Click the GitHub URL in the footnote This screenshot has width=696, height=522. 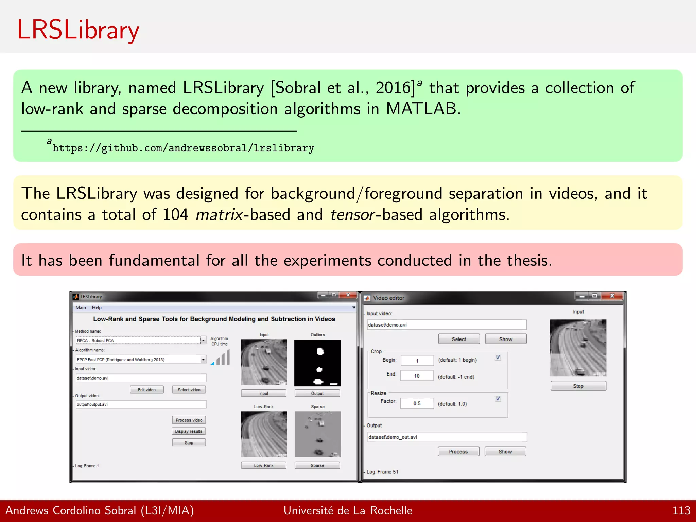pyautogui.click(x=183, y=148)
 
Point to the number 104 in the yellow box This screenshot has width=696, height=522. pyautogui.click(x=175, y=215)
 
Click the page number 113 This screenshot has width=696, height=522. pyautogui.click(x=681, y=510)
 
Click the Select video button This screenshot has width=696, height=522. pyautogui.click(x=189, y=390)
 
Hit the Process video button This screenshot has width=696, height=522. pyautogui.click(x=189, y=420)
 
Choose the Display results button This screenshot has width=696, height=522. pyautogui.click(x=189, y=431)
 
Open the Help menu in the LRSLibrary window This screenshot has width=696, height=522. pyautogui.click(x=97, y=308)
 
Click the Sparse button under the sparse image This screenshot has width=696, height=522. pyautogui.click(x=317, y=465)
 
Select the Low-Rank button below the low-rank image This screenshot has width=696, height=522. pyautogui.click(x=263, y=465)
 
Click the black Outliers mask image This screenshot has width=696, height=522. pyautogui.click(x=317, y=363)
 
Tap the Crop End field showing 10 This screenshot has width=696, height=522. pyautogui.click(x=417, y=376)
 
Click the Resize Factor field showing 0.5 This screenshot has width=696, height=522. pyautogui.click(x=417, y=403)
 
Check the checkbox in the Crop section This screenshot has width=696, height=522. pyautogui.click(x=498, y=358)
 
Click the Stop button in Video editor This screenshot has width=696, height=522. pyautogui.click(x=578, y=386)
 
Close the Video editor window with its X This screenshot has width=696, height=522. pyautogui.click(x=612, y=296)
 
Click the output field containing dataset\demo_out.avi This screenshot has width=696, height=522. pyautogui.click(x=447, y=437)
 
